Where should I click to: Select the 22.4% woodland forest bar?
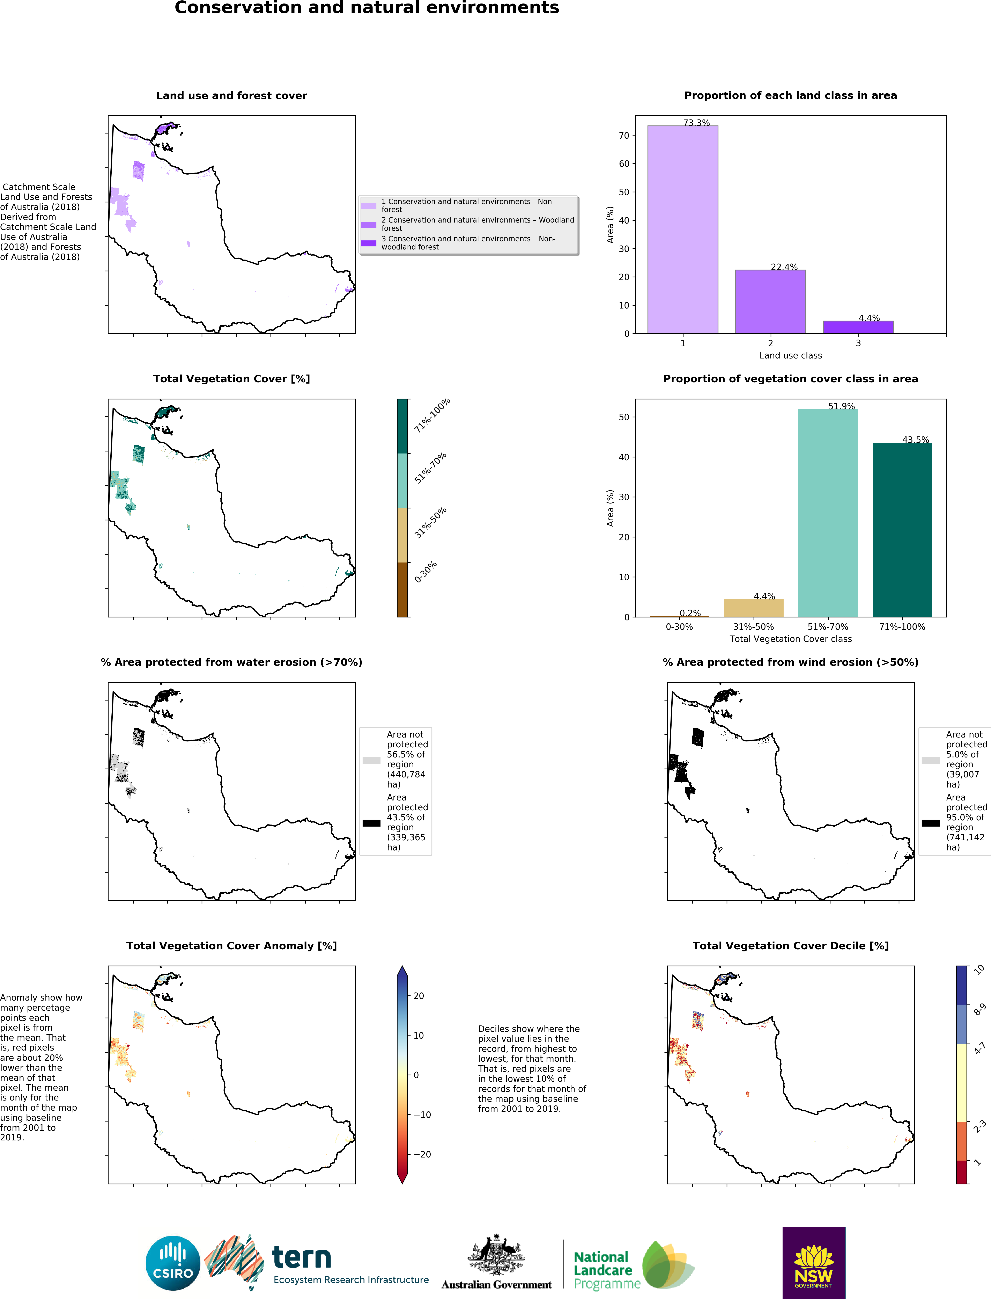[770, 302]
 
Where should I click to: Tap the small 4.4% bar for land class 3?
[858, 327]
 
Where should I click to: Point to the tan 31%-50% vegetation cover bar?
[754, 608]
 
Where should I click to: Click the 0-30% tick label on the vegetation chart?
[679, 627]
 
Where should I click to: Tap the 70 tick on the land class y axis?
[623, 136]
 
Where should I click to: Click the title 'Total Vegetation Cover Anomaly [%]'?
[232, 946]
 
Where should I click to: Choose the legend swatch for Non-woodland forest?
[369, 243]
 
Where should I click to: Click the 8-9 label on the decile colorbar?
[980, 1009]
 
